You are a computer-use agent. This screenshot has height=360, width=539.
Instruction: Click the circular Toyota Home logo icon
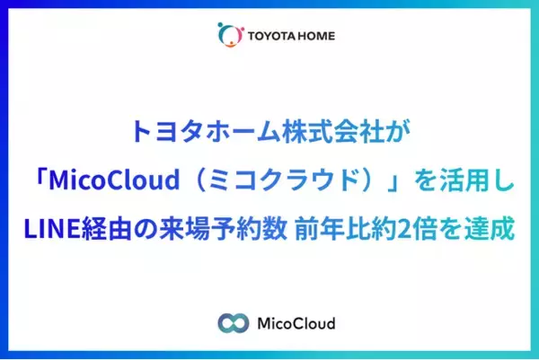pyautogui.click(x=230, y=35)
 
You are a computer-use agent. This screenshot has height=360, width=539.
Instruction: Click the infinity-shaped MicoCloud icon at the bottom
pyautogui.click(x=232, y=322)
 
